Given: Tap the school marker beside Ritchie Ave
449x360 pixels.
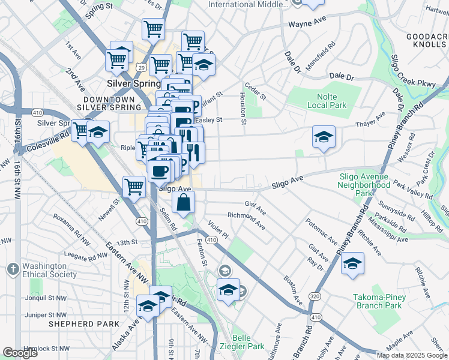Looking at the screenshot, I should pyautogui.click(x=353, y=263).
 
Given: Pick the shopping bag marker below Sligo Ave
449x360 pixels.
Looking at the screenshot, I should pyautogui.click(x=184, y=203).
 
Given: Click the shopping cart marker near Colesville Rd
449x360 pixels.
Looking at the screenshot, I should pyautogui.click(x=80, y=130).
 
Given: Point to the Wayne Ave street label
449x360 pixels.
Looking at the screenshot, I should pyautogui.click(x=307, y=25).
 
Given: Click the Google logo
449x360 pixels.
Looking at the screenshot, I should pyautogui.click(x=20, y=353).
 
